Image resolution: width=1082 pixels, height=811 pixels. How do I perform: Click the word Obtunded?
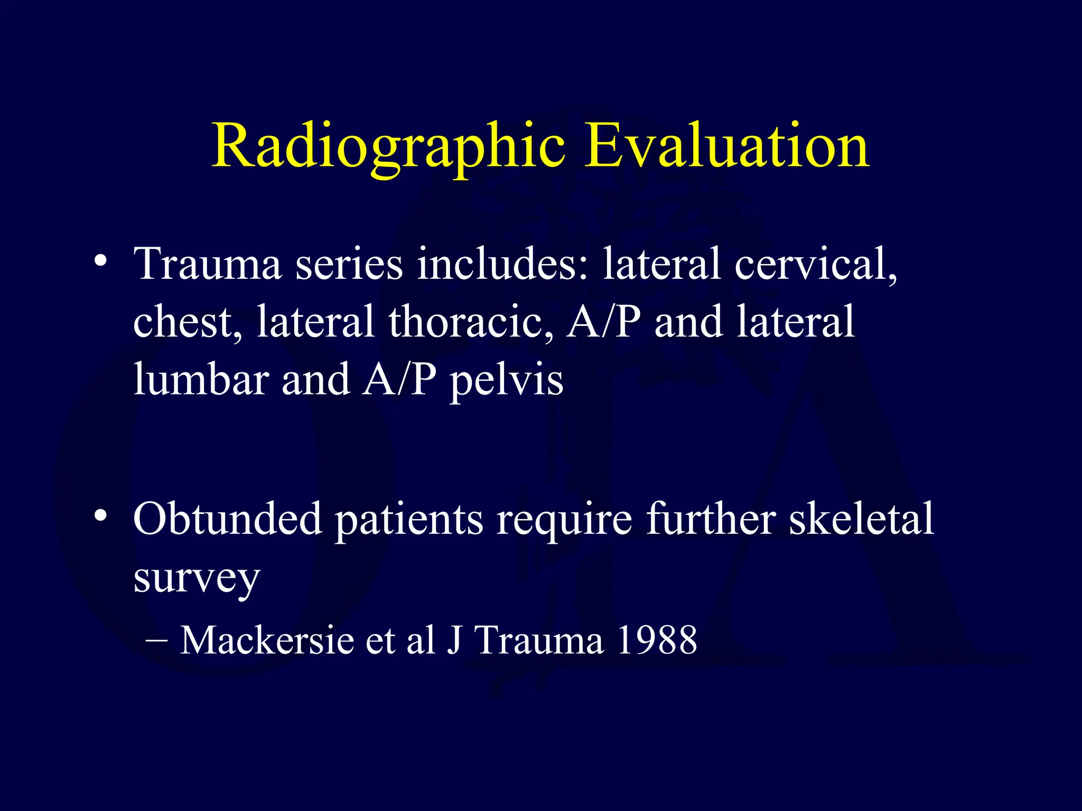227,519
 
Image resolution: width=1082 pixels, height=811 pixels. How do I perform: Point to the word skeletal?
861,519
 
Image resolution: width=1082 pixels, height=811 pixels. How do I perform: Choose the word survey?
197,579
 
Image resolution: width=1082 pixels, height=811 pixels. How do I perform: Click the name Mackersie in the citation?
267,640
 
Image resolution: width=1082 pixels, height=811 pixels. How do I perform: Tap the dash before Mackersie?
156,640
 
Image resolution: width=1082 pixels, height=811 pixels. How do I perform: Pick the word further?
711,519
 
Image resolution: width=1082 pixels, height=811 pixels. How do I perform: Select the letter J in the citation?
454,640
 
